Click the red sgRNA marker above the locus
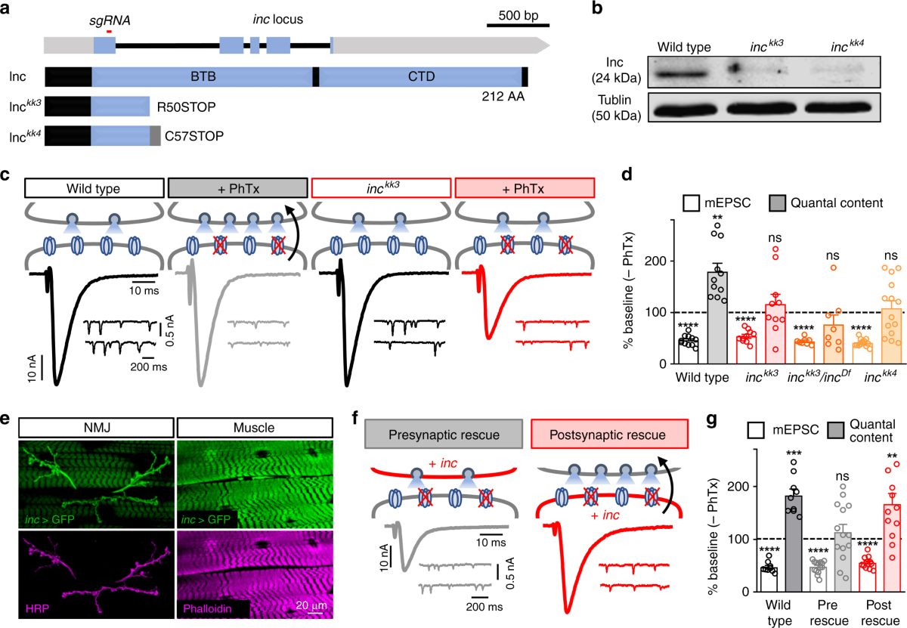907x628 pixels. tap(110, 32)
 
